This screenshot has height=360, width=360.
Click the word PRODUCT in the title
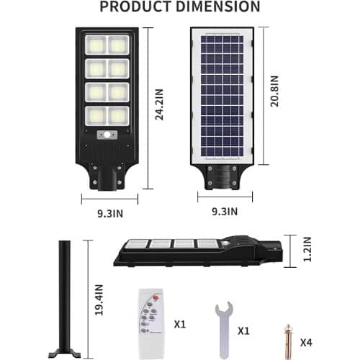pyautogui.click(x=136, y=6)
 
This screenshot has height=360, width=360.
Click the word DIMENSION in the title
pyautogui.click(x=218, y=6)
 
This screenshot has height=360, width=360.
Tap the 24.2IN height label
pyautogui.click(x=159, y=104)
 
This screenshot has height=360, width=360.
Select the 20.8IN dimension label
pyautogui.click(x=274, y=91)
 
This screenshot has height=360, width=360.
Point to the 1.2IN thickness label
pyautogui.click(x=307, y=249)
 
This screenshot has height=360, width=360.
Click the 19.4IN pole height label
pyautogui.click(x=99, y=300)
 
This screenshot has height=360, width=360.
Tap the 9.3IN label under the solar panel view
pyautogui.click(x=225, y=212)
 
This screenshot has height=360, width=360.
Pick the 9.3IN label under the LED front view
pyautogui.click(x=110, y=213)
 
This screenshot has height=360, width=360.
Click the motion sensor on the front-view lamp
pyautogui.click(x=107, y=135)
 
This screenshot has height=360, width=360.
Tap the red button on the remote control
pyautogui.click(x=156, y=297)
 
